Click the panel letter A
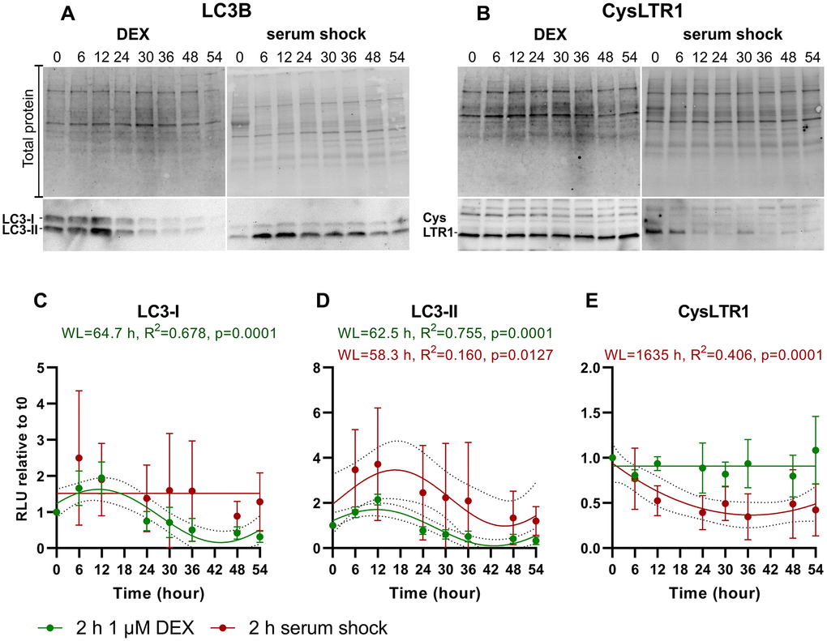[x=69, y=15]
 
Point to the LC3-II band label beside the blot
[x=19, y=231]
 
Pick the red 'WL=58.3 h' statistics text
[x=446, y=354]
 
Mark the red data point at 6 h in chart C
[x=79, y=459]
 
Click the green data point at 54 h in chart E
[x=815, y=451]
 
